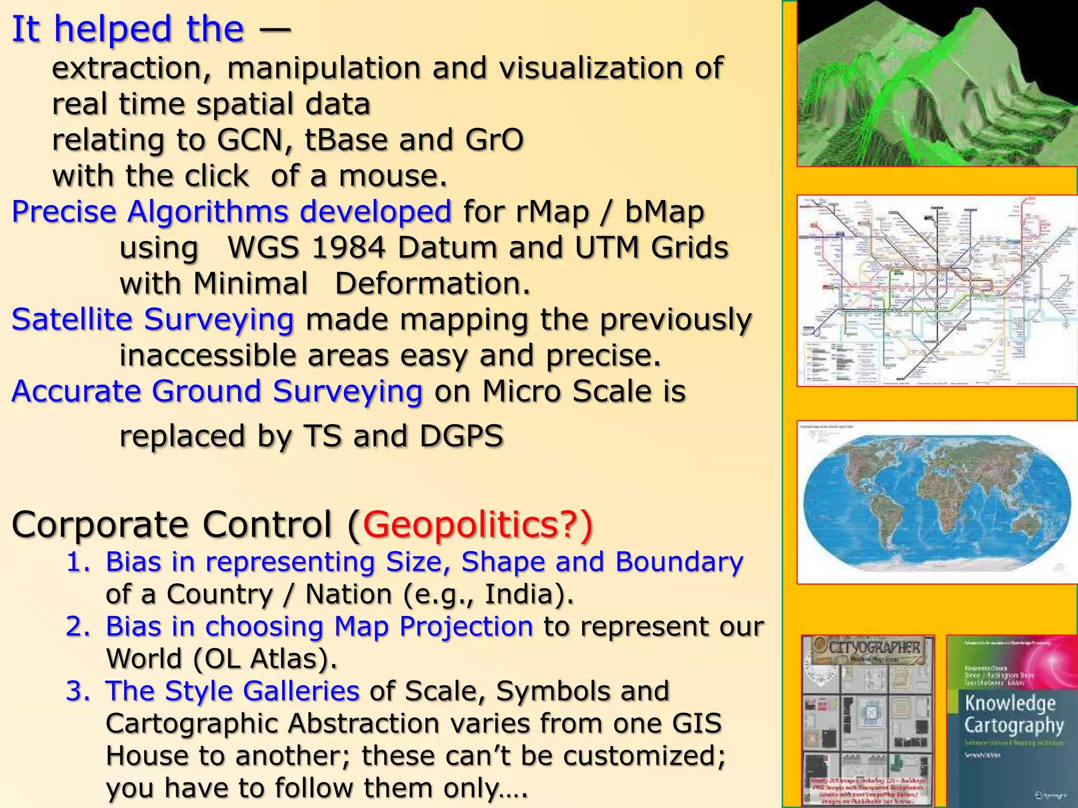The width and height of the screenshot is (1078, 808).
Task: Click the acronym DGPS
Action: (462, 436)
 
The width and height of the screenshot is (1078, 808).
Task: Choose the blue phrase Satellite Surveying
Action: (153, 320)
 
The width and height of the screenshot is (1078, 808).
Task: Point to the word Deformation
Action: (432, 284)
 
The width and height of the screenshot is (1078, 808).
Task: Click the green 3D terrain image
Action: (937, 84)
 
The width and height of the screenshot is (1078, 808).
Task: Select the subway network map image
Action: (937, 290)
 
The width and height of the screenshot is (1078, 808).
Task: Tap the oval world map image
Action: (937, 502)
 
